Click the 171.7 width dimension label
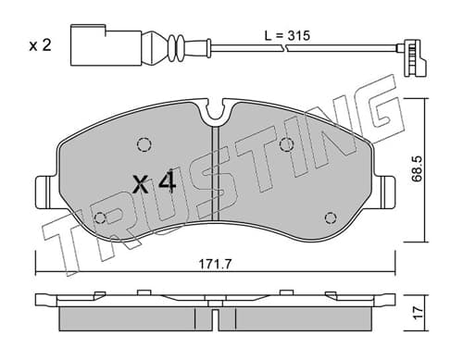coord(215,265)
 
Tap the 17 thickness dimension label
coord(418,313)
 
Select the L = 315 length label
coord(287,36)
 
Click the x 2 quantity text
coord(40,45)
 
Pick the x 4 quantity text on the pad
coord(154,183)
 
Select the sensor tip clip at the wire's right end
coord(413,57)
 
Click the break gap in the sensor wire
coord(285,48)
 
